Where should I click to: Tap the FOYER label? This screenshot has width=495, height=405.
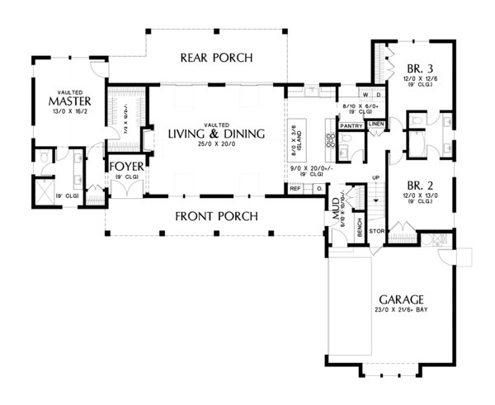pyautogui.click(x=128, y=166)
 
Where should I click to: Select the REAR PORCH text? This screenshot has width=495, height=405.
pyautogui.click(x=216, y=57)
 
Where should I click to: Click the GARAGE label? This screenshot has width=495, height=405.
pyautogui.click(x=402, y=299)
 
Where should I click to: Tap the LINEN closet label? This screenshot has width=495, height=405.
pyautogui.click(x=376, y=125)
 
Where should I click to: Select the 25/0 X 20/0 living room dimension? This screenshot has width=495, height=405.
pyautogui.click(x=216, y=146)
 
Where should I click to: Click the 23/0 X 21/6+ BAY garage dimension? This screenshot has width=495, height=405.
pyautogui.click(x=402, y=311)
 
